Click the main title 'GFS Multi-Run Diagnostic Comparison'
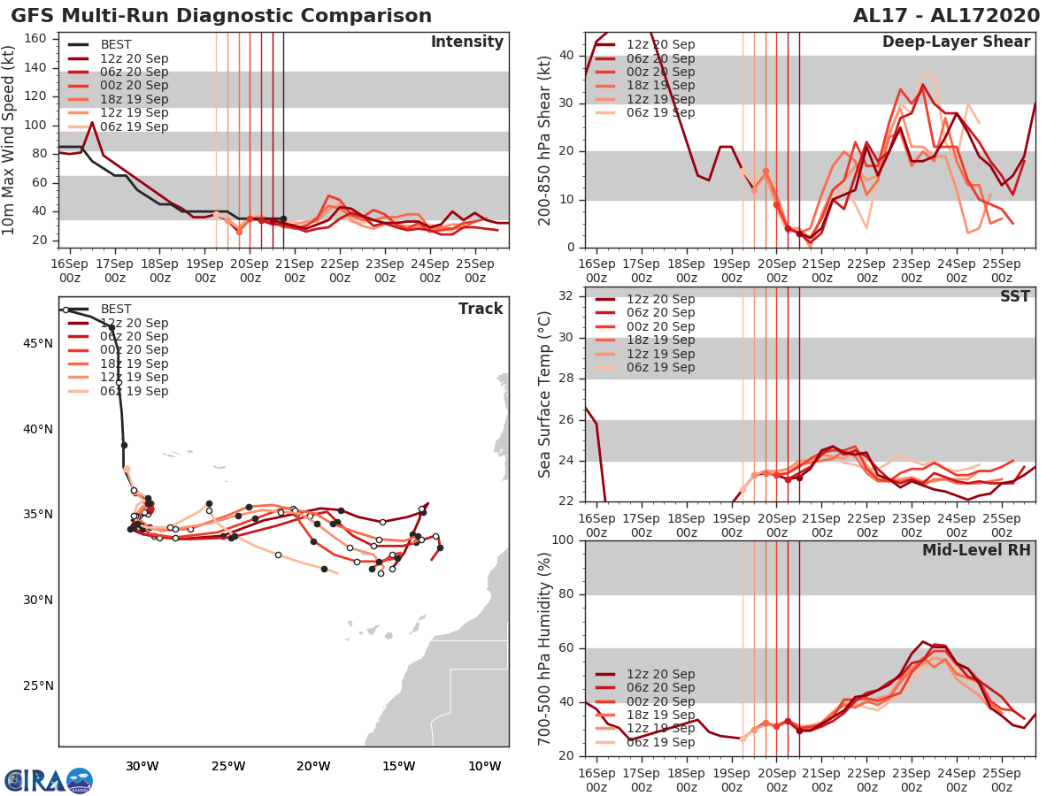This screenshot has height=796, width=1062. pyautogui.click(x=221, y=16)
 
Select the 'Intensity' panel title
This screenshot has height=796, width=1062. pyautogui.click(x=466, y=42)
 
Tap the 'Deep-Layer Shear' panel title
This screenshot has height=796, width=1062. pyautogui.click(x=956, y=42)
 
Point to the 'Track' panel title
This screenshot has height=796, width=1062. pyautogui.click(x=481, y=309)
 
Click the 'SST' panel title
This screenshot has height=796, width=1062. pyautogui.click(x=1015, y=296)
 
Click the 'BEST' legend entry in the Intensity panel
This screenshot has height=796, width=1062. pyautogui.click(x=116, y=45)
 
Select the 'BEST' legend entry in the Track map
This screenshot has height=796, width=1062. pyautogui.click(x=116, y=309)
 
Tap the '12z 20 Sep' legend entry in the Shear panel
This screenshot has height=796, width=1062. pyautogui.click(x=660, y=45)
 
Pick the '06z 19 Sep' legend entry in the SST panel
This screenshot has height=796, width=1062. pyautogui.click(x=660, y=367)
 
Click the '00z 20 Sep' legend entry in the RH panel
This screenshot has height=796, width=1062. pyautogui.click(x=660, y=701)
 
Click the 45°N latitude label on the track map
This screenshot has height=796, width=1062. pyautogui.click(x=37, y=344)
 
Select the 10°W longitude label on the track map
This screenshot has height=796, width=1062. pyautogui.click(x=484, y=766)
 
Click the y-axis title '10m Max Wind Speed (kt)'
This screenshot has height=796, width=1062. pyautogui.click(x=10, y=142)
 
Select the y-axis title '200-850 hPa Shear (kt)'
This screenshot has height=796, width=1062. pyautogui.click(x=546, y=142)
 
